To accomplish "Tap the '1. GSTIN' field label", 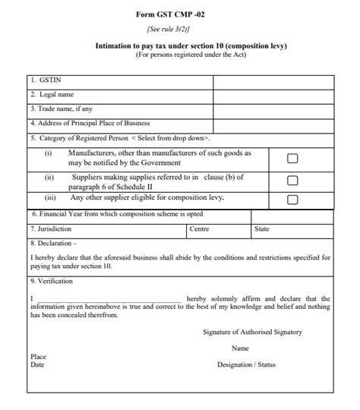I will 46,80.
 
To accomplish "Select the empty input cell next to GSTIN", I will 273,80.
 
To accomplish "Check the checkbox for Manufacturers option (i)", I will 292,158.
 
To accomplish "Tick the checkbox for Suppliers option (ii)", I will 292,181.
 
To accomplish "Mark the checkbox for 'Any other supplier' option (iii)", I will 292,199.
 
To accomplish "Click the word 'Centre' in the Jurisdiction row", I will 200,229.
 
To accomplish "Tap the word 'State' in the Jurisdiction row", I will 262,229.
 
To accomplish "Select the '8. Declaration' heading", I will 54,244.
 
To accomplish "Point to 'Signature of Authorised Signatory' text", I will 252,332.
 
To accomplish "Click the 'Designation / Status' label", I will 246,364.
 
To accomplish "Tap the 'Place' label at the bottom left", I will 39,356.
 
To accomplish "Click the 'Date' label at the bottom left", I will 37,364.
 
